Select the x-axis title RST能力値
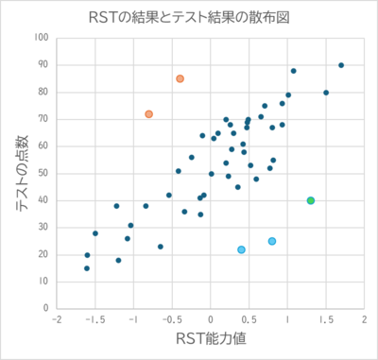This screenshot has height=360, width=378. pyautogui.click(x=210, y=337)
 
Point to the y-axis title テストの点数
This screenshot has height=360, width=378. pyautogui.click(x=21, y=174)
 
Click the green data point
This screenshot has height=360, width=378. pyautogui.click(x=311, y=200)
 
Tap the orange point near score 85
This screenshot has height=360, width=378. pyautogui.click(x=180, y=78)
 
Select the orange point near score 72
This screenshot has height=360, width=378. pyautogui.click(x=148, y=114)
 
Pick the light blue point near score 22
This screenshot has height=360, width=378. pyautogui.click(x=241, y=249)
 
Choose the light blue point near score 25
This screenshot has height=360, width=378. pyautogui.click(x=272, y=241)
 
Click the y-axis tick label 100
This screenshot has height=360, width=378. pyautogui.click(x=43, y=38)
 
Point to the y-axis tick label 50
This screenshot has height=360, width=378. pyautogui.click(x=45, y=174)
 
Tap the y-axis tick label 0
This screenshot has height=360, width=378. pyautogui.click(x=47, y=309)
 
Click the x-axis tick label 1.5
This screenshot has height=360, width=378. pyautogui.click(x=325, y=319)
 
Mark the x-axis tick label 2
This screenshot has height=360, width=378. pyautogui.click(x=364, y=319)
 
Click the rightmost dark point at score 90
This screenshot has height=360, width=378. pyautogui.click(x=341, y=65)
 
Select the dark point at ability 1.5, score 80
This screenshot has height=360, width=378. pyautogui.click(x=326, y=93)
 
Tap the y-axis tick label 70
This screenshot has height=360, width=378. pyautogui.click(x=45, y=119)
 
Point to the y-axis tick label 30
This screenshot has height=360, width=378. pyautogui.click(x=45, y=228)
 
